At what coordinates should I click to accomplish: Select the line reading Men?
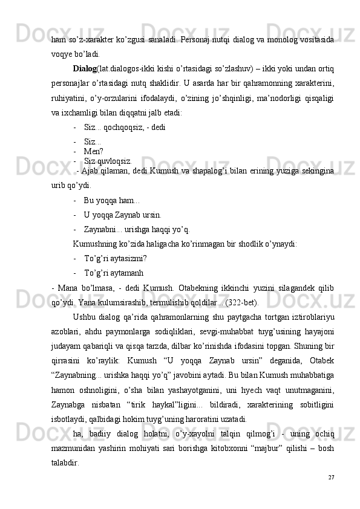[94, 151]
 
